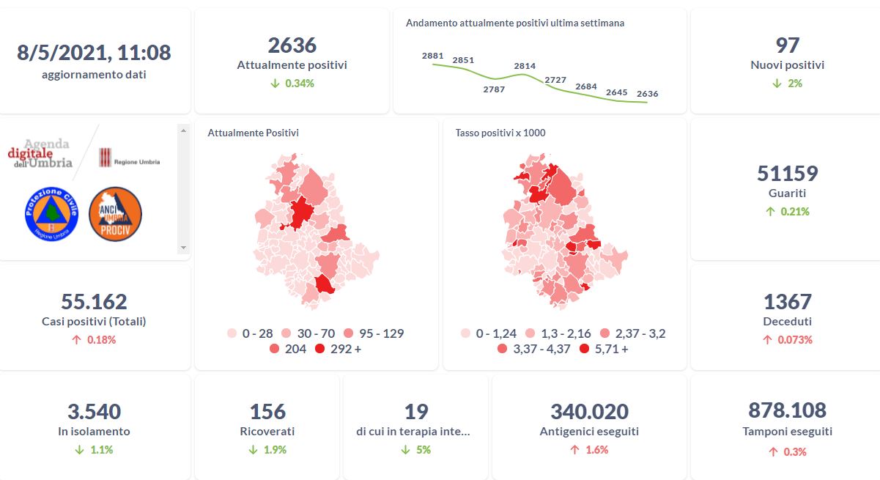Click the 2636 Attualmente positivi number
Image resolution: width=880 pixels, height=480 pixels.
pos(292,45)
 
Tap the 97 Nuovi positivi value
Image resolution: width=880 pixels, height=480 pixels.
pos(787,45)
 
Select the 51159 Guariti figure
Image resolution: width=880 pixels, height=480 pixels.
pos(787,174)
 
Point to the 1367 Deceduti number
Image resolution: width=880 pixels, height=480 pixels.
pos(787,302)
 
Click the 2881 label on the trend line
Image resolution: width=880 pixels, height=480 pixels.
pos(433,56)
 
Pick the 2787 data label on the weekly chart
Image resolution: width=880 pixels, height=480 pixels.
pos(494,89)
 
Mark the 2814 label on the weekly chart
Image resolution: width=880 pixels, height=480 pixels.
pos(525,66)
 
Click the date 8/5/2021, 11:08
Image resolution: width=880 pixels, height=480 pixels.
pos(94,53)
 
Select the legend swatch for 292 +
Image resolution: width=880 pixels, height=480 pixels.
pos(320,349)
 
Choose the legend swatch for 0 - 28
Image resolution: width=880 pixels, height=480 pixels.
pos(232,333)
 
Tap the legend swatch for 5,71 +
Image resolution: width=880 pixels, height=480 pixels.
pos(584,349)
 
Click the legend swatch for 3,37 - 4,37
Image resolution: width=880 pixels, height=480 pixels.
pos(502,349)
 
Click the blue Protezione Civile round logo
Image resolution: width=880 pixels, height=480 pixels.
pos(51,213)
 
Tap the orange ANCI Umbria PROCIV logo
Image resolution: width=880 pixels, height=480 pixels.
pos(115,213)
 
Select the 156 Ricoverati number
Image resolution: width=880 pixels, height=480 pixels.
pos(267,412)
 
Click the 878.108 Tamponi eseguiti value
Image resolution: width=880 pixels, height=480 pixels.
pos(787,410)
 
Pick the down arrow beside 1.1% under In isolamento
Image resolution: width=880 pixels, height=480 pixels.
pos(79,450)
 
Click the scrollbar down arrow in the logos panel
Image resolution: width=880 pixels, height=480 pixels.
pos(183,248)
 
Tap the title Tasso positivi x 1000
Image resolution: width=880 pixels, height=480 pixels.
pos(500,133)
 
